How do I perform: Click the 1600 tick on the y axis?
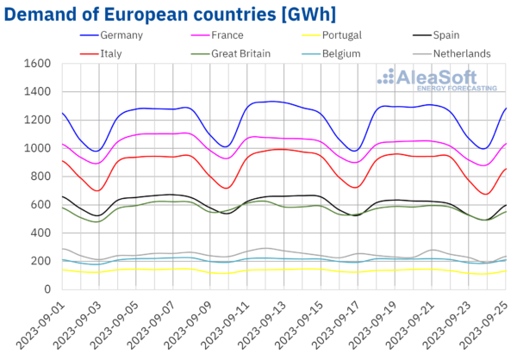click(37, 64)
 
